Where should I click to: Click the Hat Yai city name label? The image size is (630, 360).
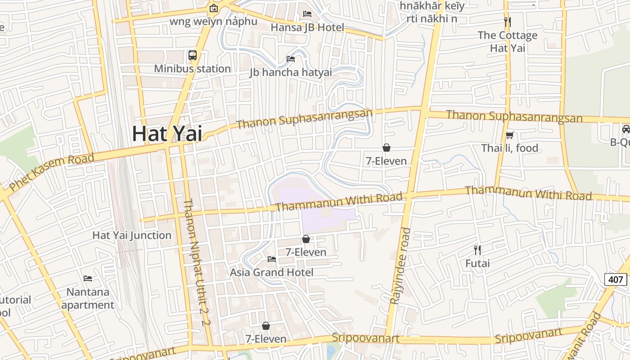coord(167,134)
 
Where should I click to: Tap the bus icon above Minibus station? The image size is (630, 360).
coord(193,55)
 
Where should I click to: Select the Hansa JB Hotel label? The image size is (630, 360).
coord(307,27)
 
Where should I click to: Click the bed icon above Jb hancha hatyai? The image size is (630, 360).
coord(291,58)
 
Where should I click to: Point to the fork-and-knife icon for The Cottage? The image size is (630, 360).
coord(508,22)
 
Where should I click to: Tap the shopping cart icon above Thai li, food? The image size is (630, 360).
coord(509,135)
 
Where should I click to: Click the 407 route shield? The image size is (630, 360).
coord(615,279)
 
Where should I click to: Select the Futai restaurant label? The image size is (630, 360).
coord(477,263)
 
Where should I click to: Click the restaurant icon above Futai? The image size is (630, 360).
coord(477,250)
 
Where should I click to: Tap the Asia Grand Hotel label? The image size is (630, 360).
coord(271,272)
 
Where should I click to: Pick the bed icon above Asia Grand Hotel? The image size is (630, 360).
coord(271,259)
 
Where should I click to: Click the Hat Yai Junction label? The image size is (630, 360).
coord(132,235)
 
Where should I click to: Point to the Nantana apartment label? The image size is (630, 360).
coord(88,298)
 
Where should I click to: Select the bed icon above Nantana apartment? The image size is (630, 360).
coord(88,279)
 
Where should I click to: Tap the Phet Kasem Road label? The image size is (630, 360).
coord(52,171)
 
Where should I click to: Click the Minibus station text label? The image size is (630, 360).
coord(192,69)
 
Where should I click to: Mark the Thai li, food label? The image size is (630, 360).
coord(509,148)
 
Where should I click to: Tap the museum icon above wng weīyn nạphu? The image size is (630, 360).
coord(213,8)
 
